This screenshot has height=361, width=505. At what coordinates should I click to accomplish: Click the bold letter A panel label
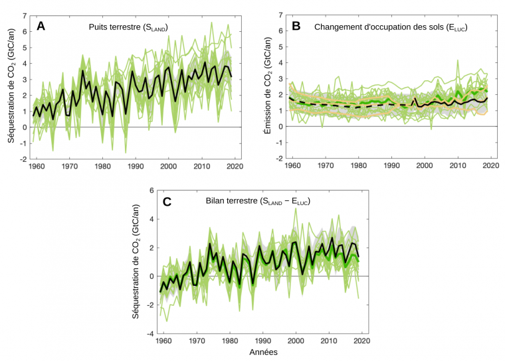tap(41, 27)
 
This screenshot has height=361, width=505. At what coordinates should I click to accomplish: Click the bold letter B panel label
tap(296, 27)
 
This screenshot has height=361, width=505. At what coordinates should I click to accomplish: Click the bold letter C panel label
tap(167, 202)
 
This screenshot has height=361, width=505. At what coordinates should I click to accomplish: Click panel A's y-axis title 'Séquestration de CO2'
tap(11, 87)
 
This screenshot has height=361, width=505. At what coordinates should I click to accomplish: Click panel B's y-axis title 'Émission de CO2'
tap(267, 87)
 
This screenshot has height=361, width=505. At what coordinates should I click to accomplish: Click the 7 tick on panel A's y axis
tap(25, 15)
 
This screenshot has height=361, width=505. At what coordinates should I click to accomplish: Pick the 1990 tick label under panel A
tap(136, 166)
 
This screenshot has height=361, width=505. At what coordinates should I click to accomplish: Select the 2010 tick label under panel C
tap(328, 340)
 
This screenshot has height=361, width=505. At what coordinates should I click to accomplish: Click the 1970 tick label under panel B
tap(324, 166)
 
